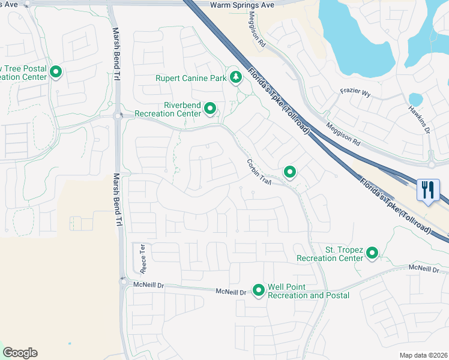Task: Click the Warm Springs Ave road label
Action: pos(241,4)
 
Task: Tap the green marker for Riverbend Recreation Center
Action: pos(210,109)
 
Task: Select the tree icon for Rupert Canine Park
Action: pos(237,77)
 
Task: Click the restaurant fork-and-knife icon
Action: pos(428,190)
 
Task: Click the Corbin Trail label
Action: pos(259,172)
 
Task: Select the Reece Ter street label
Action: pos(142,255)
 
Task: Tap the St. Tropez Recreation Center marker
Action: pos(372,254)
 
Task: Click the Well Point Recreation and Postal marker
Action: pos(259,290)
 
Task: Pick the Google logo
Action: pos(20,353)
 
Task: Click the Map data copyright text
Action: pos(424,355)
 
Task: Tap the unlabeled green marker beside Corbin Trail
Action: pos(290,173)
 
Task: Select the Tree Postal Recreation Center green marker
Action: pos(56,73)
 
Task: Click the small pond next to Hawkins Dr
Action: pos(415,98)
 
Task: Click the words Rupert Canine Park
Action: pos(191,78)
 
